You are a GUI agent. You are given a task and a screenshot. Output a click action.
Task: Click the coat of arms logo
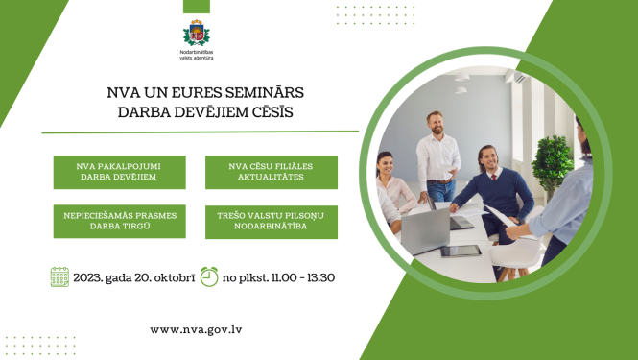[x=196, y=32]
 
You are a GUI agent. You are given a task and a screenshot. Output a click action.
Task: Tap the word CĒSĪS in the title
[x=272, y=112]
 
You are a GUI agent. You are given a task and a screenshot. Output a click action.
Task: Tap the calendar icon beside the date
[x=59, y=277]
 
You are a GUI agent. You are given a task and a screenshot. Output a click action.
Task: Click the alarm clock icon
[x=209, y=276]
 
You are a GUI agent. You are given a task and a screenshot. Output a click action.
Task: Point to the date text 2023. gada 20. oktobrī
[x=133, y=278]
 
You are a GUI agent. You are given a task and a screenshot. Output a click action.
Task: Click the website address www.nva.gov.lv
[x=195, y=329]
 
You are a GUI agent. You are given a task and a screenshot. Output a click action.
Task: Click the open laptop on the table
[x=425, y=228]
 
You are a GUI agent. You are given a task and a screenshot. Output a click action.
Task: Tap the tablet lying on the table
[x=460, y=252]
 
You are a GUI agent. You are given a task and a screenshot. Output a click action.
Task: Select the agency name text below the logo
[x=196, y=55]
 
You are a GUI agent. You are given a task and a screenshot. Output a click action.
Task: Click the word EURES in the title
[x=196, y=94]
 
